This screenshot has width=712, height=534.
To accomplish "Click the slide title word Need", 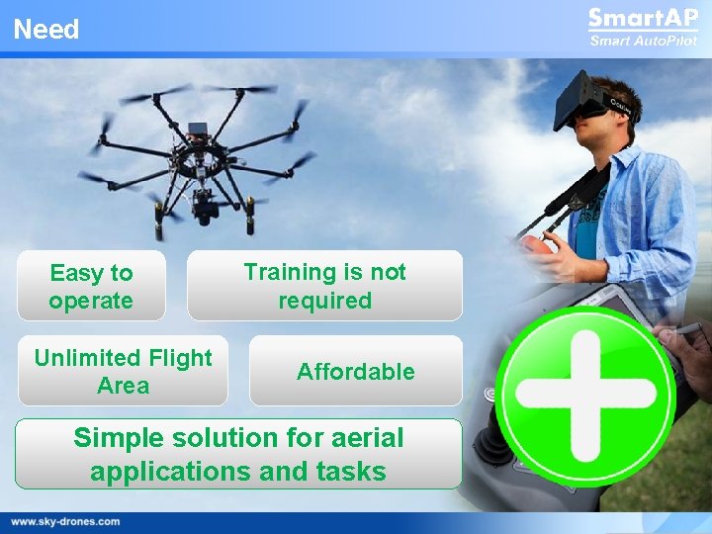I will pos(46,30).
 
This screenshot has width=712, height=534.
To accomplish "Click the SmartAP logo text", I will pos(642,19).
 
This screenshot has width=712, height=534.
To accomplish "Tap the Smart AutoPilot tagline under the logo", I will pos(642,41).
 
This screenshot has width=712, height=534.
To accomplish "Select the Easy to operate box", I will pos(91,286).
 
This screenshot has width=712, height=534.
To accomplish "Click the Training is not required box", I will pos(324,286).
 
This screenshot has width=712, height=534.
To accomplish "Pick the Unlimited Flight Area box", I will pos(123,371).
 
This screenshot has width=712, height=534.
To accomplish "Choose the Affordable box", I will pos(355,372).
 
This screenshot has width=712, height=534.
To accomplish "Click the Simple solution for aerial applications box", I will pos(238,454).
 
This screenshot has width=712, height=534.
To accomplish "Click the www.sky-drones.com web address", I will pos(65,521).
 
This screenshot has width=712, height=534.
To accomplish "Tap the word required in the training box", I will pos(324,301).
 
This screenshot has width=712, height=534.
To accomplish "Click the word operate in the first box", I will pos(91,301).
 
